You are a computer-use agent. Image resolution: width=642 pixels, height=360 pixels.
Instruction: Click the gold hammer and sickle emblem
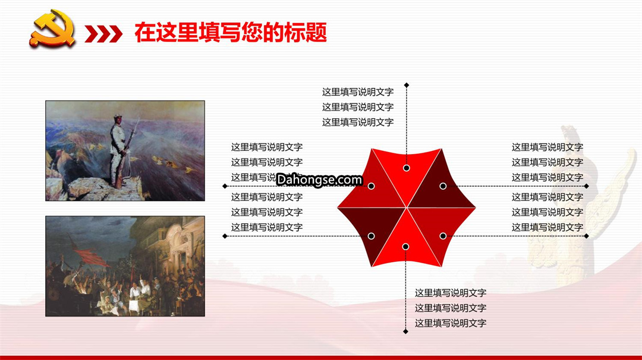pyautogui.click(x=52, y=28)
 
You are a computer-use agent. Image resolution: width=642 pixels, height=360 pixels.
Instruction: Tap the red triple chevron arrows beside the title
pyautogui.click(x=103, y=34)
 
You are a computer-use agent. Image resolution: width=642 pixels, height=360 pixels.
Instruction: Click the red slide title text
pyautogui.click(x=231, y=33)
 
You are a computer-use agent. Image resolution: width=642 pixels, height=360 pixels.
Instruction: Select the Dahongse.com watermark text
pyautogui.click(x=319, y=179)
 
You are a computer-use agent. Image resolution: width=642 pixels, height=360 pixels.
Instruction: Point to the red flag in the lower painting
pyautogui.click(x=90, y=257)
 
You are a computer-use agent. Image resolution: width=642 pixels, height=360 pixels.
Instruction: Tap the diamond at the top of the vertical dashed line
pyautogui.click(x=407, y=85)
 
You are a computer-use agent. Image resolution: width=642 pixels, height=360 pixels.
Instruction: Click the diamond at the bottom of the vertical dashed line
pyautogui.click(x=406, y=331)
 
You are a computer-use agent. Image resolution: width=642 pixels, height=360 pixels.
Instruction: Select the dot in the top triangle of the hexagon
pyautogui.click(x=407, y=168)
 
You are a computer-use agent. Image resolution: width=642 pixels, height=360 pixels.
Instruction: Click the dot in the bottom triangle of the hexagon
pyautogui.click(x=405, y=247)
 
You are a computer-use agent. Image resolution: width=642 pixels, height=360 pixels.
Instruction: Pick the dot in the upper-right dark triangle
pyautogui.click(x=443, y=186)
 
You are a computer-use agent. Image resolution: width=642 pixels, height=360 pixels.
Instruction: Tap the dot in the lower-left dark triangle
pyautogui.click(x=372, y=236)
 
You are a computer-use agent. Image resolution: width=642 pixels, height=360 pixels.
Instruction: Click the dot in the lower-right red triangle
pyautogui.click(x=443, y=236)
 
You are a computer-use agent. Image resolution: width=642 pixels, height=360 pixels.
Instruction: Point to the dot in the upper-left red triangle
pyautogui.click(x=372, y=186)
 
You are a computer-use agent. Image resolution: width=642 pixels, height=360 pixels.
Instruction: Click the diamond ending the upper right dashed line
pyautogui.click(x=587, y=186)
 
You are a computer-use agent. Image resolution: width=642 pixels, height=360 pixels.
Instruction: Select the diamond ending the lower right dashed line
pyautogui.click(x=587, y=236)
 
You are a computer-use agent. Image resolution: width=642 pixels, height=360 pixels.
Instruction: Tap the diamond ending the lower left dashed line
pyautogui.click(x=225, y=236)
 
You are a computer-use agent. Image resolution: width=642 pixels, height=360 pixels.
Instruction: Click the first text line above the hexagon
pyautogui.click(x=358, y=92)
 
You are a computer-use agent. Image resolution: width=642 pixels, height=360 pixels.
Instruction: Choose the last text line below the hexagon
pyautogui.click(x=451, y=323)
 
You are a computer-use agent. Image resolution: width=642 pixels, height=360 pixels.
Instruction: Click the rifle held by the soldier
pyautogui.click(x=128, y=151)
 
